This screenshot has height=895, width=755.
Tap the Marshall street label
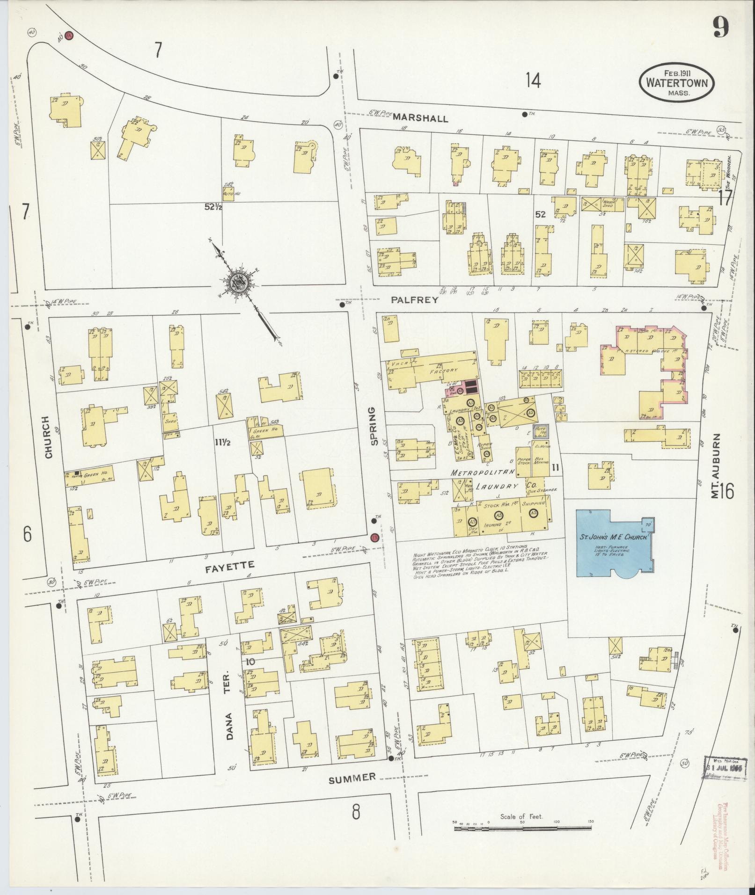(420, 118)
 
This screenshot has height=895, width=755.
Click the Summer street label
(352, 777)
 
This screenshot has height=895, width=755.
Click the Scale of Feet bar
(522, 841)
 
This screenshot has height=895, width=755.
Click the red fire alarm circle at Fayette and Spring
(374, 538)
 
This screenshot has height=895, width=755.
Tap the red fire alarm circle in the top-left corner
(69, 36)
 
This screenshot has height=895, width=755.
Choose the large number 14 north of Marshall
(533, 80)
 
